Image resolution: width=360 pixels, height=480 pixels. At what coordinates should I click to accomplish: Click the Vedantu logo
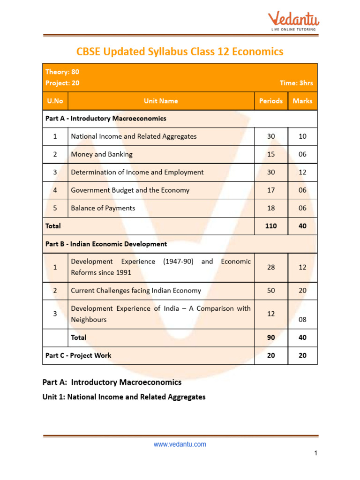(x=293, y=21)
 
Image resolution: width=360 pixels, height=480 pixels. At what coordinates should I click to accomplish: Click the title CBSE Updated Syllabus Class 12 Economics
(x=180, y=52)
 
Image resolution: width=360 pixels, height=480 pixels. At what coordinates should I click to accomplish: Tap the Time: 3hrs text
(x=296, y=83)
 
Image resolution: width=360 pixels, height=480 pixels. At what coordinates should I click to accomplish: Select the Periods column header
(x=271, y=101)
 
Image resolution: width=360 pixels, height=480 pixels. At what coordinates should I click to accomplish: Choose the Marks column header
(x=302, y=101)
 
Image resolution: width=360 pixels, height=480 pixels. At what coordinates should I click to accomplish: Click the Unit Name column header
(x=161, y=101)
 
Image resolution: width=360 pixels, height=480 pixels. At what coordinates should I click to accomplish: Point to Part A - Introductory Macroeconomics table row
(x=106, y=119)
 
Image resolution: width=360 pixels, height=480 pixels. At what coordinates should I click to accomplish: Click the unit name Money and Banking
(x=102, y=154)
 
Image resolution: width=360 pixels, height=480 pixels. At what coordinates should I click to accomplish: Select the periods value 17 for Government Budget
(x=271, y=190)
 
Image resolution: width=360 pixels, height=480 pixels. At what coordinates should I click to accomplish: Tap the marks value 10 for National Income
(x=302, y=136)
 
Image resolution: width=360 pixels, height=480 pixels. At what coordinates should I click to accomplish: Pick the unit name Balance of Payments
(x=103, y=208)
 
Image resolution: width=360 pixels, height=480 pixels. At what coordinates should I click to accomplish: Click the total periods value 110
(x=271, y=226)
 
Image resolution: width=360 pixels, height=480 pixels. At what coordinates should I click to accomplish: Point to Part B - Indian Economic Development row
(x=106, y=244)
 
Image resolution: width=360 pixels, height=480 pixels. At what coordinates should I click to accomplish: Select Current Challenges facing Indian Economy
(x=136, y=291)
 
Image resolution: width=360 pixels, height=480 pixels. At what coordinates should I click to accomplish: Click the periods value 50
(x=271, y=291)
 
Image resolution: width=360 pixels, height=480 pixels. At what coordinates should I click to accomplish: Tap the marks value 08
(x=302, y=320)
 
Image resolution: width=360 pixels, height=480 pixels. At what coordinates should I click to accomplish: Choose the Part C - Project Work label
(x=78, y=355)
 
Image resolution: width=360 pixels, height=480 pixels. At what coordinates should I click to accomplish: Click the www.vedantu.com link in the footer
(x=180, y=444)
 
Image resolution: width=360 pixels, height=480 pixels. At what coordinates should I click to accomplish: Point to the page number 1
(x=316, y=453)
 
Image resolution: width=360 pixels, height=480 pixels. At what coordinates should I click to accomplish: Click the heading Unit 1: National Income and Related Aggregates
(x=124, y=397)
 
